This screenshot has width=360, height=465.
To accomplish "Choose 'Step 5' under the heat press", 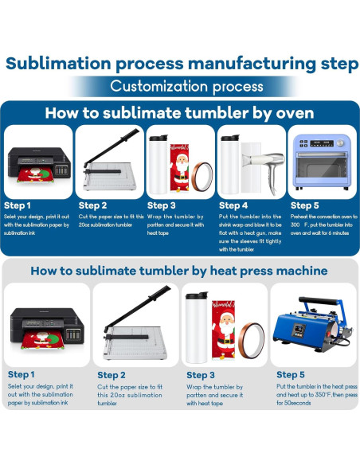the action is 291,374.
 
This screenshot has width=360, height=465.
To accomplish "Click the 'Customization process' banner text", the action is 186,87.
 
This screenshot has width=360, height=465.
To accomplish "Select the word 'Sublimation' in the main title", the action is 58,64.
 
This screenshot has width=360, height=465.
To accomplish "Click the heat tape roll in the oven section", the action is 202,177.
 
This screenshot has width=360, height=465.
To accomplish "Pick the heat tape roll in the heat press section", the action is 252,341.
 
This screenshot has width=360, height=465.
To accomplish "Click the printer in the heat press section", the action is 47,329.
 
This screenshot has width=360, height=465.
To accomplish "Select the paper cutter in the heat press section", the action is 137,322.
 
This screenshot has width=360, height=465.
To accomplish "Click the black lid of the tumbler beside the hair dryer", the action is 230,138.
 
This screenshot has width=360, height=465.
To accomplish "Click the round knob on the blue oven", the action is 340,143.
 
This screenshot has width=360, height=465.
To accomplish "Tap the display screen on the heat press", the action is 299,330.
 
